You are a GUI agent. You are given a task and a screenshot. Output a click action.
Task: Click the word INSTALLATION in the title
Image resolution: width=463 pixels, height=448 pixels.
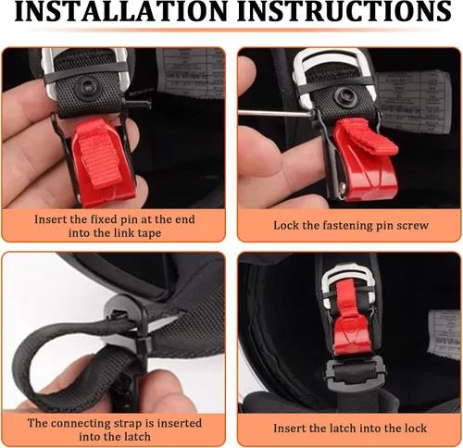(x=121, y=11)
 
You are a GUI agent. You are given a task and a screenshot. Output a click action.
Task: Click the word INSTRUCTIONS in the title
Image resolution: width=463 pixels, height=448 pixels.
(x=344, y=11)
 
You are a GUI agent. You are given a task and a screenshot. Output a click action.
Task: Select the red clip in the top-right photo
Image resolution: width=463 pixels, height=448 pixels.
(x=366, y=160)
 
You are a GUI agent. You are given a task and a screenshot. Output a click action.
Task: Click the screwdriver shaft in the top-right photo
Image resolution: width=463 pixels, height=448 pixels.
(x=276, y=113)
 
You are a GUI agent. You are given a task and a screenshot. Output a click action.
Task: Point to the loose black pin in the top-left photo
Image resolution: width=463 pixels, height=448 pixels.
(x=138, y=105)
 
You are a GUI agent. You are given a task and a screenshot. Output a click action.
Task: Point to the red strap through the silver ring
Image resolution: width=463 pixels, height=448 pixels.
(x=346, y=298)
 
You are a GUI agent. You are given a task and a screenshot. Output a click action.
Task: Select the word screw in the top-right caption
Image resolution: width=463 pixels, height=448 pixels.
(x=412, y=226)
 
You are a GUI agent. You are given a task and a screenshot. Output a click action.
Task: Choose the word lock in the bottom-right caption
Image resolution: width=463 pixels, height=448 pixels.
(x=415, y=429)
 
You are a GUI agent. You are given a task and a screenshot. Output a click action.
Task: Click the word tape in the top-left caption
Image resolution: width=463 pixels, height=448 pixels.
(x=149, y=233)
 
